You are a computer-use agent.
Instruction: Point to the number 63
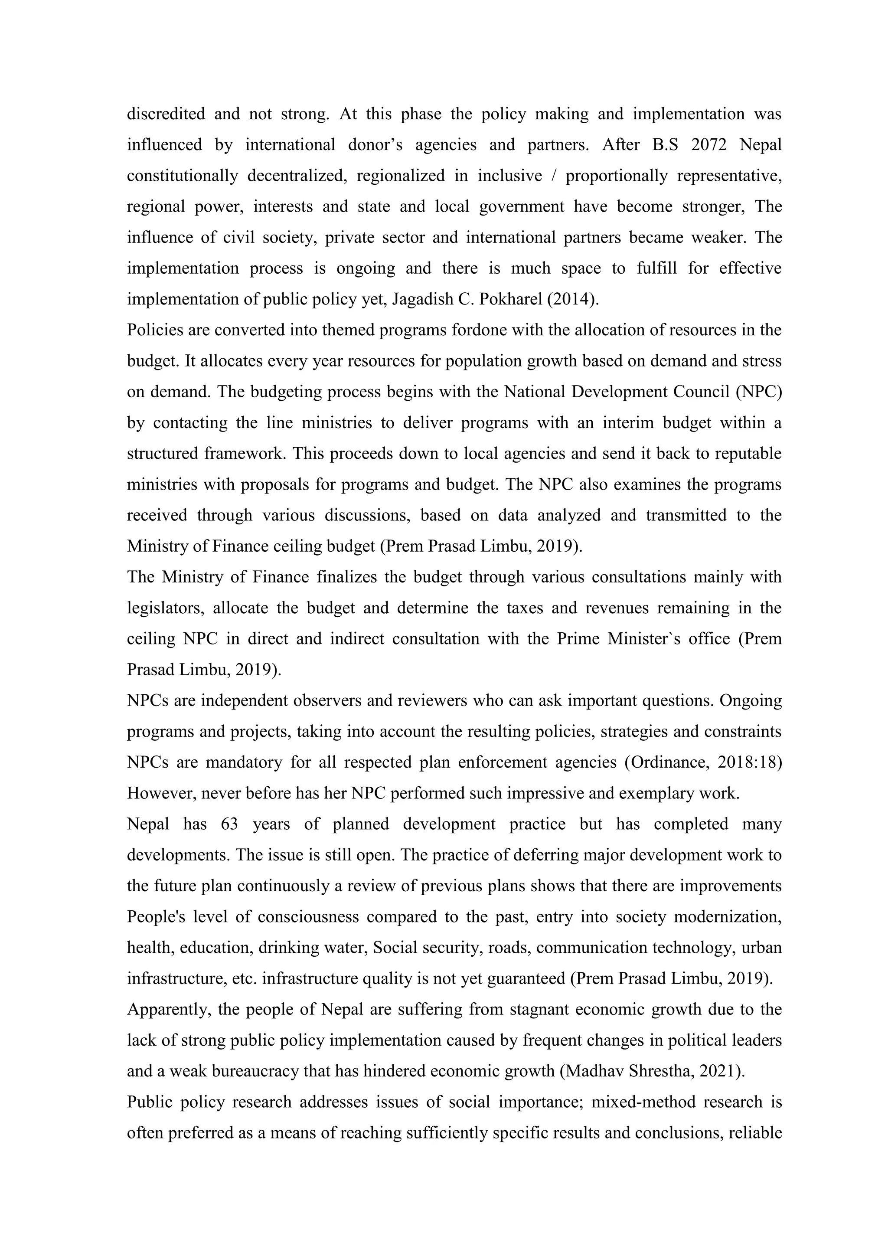[230, 824]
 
